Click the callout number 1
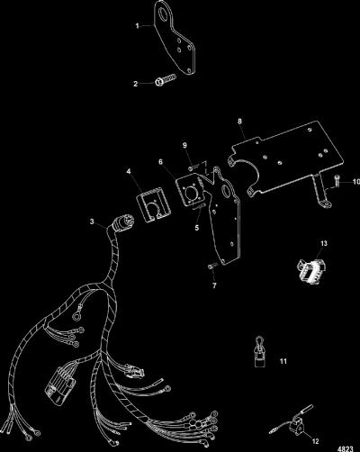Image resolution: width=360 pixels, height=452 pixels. [137, 26]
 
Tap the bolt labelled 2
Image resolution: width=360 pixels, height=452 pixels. [165, 81]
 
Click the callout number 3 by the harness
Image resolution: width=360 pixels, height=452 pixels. [92, 221]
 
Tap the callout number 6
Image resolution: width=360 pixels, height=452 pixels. [161, 162]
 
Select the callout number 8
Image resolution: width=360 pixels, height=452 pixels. [239, 122]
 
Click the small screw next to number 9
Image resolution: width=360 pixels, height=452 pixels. [193, 167]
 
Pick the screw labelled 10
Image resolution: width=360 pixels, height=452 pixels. [337, 180]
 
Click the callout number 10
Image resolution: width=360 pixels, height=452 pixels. [356, 182]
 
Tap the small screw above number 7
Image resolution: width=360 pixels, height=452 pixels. [211, 266]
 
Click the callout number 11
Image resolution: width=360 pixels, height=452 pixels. [283, 361]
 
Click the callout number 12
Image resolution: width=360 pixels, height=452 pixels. [315, 441]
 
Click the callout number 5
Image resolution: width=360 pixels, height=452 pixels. [197, 228]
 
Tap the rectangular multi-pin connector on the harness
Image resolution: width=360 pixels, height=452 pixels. [60, 386]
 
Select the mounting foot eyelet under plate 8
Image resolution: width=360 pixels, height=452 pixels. [325, 205]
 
